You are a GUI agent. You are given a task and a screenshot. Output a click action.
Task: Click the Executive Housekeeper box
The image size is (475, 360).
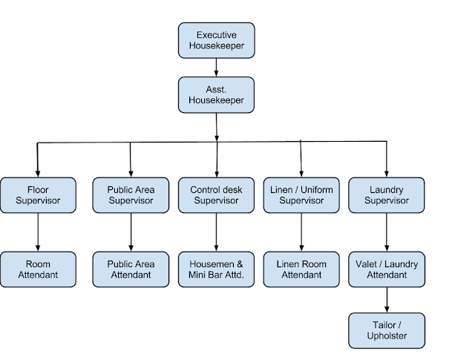(216, 40)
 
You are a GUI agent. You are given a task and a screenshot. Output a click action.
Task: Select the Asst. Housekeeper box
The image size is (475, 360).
(216, 94)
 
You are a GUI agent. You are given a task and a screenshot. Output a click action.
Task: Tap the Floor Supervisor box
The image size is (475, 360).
(37, 195)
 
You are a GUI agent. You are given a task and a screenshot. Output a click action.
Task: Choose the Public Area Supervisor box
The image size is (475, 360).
(130, 195)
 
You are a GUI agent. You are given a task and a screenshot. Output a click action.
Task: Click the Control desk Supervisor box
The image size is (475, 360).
(216, 195)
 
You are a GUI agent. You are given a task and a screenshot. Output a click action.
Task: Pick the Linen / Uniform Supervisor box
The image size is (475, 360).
(301, 195)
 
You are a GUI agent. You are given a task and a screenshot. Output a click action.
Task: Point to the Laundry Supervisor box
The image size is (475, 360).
(387, 195)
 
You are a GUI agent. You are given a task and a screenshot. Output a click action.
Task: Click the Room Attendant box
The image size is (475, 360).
(37, 269)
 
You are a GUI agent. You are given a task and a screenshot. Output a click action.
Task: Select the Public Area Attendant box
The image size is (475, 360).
(130, 269)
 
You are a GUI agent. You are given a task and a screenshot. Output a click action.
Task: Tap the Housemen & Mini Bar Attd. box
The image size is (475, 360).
(216, 269)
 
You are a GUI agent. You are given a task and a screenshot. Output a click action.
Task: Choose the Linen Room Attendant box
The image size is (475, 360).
(301, 269)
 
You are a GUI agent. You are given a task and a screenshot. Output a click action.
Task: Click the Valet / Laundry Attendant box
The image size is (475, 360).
(387, 269)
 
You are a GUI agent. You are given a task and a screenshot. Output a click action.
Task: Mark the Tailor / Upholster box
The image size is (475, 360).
(387, 330)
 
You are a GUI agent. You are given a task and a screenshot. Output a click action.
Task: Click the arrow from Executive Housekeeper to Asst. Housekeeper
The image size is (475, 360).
(216, 67)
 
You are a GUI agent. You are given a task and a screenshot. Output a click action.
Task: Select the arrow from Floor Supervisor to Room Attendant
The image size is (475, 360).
(37, 232)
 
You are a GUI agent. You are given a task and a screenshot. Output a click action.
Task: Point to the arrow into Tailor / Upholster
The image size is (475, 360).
(387, 300)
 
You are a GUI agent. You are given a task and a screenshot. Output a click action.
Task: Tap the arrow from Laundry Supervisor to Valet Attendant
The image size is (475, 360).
(387, 232)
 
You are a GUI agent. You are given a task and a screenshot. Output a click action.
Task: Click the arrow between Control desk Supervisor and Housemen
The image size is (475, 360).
(216, 232)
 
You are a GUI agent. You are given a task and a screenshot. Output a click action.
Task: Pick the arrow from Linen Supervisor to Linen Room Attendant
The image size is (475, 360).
(301, 232)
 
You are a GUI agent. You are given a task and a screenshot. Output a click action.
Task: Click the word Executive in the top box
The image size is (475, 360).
(216, 35)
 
